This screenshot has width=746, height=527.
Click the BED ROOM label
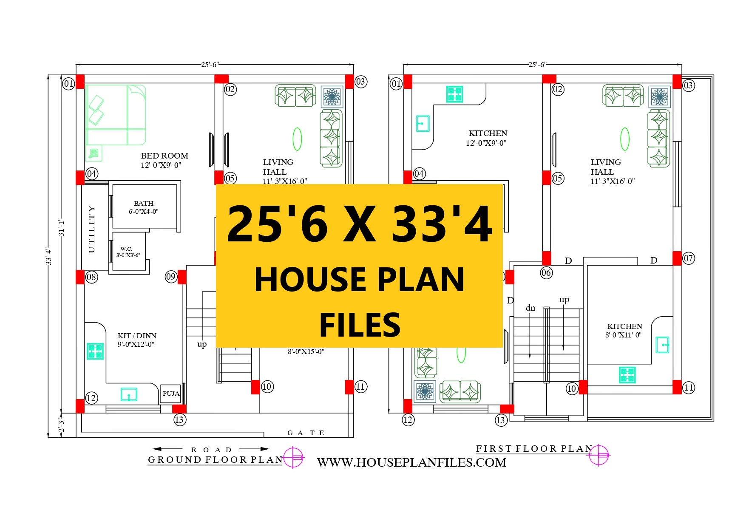(x=165, y=156)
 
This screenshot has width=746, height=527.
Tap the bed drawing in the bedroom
(x=116, y=115)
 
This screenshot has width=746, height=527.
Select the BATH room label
(x=144, y=204)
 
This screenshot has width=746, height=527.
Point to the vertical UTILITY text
(x=91, y=229)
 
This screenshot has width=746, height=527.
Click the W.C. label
(x=126, y=249)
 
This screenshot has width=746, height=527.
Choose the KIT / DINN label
(x=137, y=336)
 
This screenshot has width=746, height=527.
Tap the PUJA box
(x=171, y=394)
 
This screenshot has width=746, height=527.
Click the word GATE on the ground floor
(x=306, y=433)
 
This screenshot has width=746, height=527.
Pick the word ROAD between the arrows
(x=211, y=450)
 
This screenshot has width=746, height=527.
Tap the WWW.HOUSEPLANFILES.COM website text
(x=412, y=462)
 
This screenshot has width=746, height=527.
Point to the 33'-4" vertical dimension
(x=49, y=256)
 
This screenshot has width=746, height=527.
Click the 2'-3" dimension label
(x=62, y=425)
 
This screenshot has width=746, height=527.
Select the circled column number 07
(x=689, y=258)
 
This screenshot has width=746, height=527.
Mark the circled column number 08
(x=91, y=277)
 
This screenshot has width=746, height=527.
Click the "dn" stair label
(x=530, y=308)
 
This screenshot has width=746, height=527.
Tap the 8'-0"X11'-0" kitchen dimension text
(x=624, y=335)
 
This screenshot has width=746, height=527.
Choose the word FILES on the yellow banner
(x=360, y=325)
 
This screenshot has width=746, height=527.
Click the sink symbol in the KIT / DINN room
(x=129, y=394)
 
